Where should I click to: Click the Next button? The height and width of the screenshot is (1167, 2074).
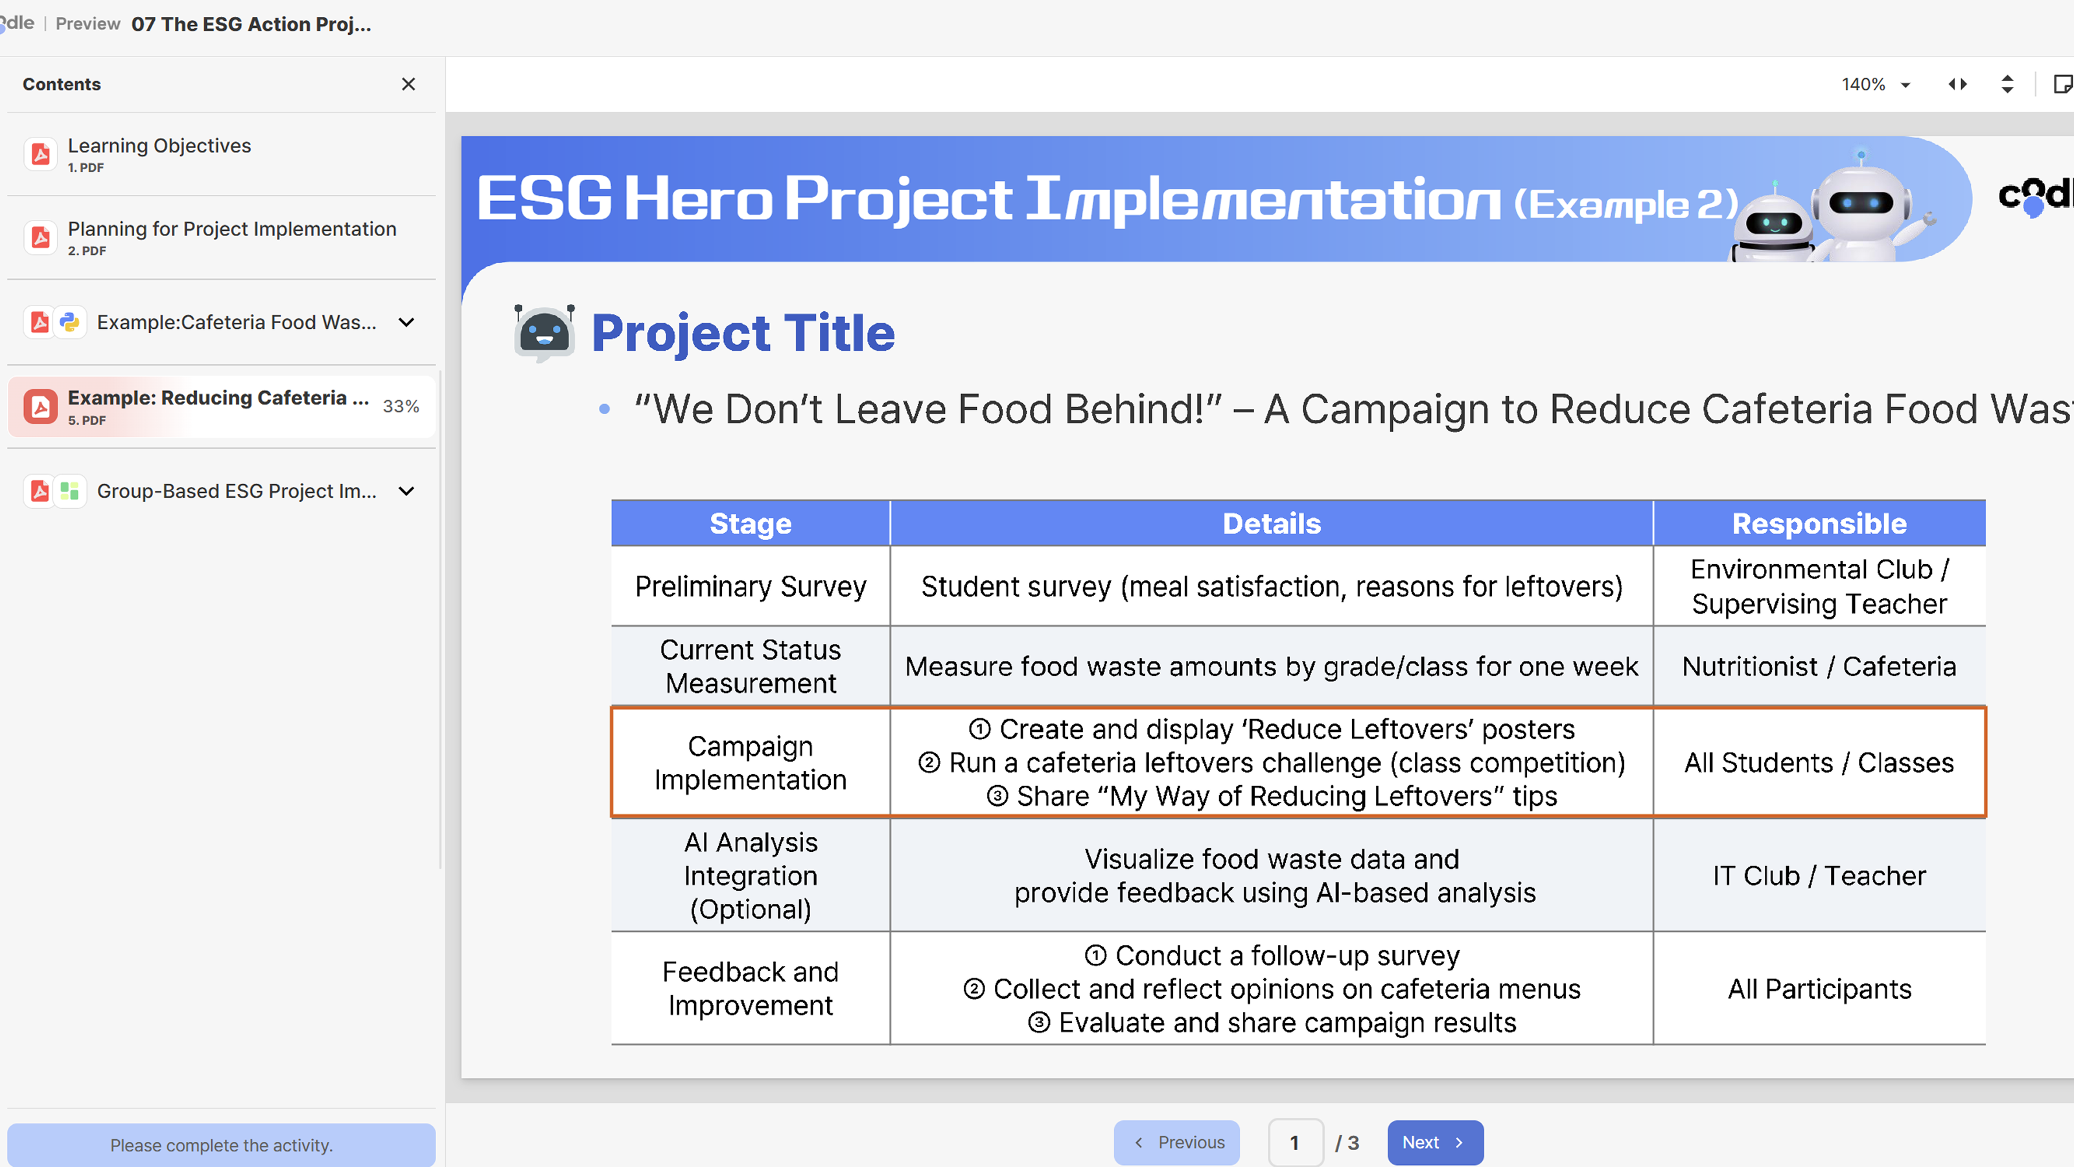1434,1142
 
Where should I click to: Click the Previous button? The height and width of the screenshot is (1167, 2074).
1176,1142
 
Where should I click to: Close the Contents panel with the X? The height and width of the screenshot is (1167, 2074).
408,84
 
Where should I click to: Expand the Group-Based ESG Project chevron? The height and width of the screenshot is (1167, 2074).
406,491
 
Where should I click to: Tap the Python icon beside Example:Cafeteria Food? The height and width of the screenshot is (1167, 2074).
70,322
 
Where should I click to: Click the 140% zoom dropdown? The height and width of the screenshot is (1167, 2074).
1875,84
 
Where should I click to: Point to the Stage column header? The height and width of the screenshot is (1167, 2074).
751,523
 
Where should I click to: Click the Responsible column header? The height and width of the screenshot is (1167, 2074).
1819,523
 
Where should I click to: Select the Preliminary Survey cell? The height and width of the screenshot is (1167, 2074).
751,586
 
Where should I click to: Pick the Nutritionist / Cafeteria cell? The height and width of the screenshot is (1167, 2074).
1819,666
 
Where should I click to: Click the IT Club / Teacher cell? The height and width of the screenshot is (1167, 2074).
1819,875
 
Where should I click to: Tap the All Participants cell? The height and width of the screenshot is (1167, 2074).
1819,988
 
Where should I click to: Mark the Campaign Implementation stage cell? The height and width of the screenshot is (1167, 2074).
751,762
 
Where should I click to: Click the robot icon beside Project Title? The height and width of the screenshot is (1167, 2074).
544,332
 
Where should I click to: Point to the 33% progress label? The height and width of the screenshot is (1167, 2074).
400,406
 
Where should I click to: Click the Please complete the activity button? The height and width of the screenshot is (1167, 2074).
222,1144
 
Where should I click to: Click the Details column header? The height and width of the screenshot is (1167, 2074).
1271,523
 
